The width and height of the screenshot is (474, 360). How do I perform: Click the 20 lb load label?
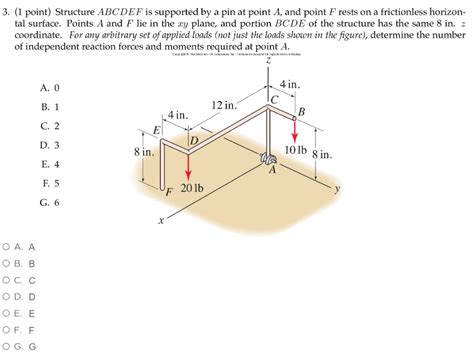tap(192, 187)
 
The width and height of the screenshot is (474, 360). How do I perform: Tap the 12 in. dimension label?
tap(224, 105)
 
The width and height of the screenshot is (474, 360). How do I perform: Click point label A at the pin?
tap(271, 169)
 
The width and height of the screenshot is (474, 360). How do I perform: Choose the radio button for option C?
tap(9, 282)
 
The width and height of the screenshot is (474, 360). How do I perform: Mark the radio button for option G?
tap(9, 348)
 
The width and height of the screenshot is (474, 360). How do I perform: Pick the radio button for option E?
tap(9, 311)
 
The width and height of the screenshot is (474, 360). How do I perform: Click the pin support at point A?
tap(267, 158)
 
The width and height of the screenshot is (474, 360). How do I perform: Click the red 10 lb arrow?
tap(295, 130)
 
